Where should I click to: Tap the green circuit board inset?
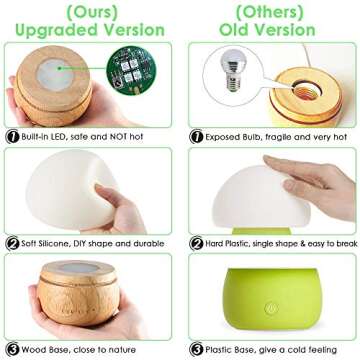[x=131, y=70]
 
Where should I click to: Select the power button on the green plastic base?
[x=272, y=308]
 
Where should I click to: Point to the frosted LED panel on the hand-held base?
[x=56, y=75]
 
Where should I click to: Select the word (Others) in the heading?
[x=270, y=13]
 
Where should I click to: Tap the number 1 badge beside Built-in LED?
[x=12, y=136]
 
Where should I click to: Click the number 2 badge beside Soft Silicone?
[x=12, y=243]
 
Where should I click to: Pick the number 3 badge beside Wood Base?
[x=12, y=350]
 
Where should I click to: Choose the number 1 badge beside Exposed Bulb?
[x=196, y=136]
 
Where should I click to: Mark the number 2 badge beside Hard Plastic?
[x=196, y=243]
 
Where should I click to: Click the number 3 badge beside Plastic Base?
[x=196, y=350]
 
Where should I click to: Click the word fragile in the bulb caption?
[x=275, y=137]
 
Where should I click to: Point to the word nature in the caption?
[x=123, y=350]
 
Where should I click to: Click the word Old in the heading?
[x=233, y=30]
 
